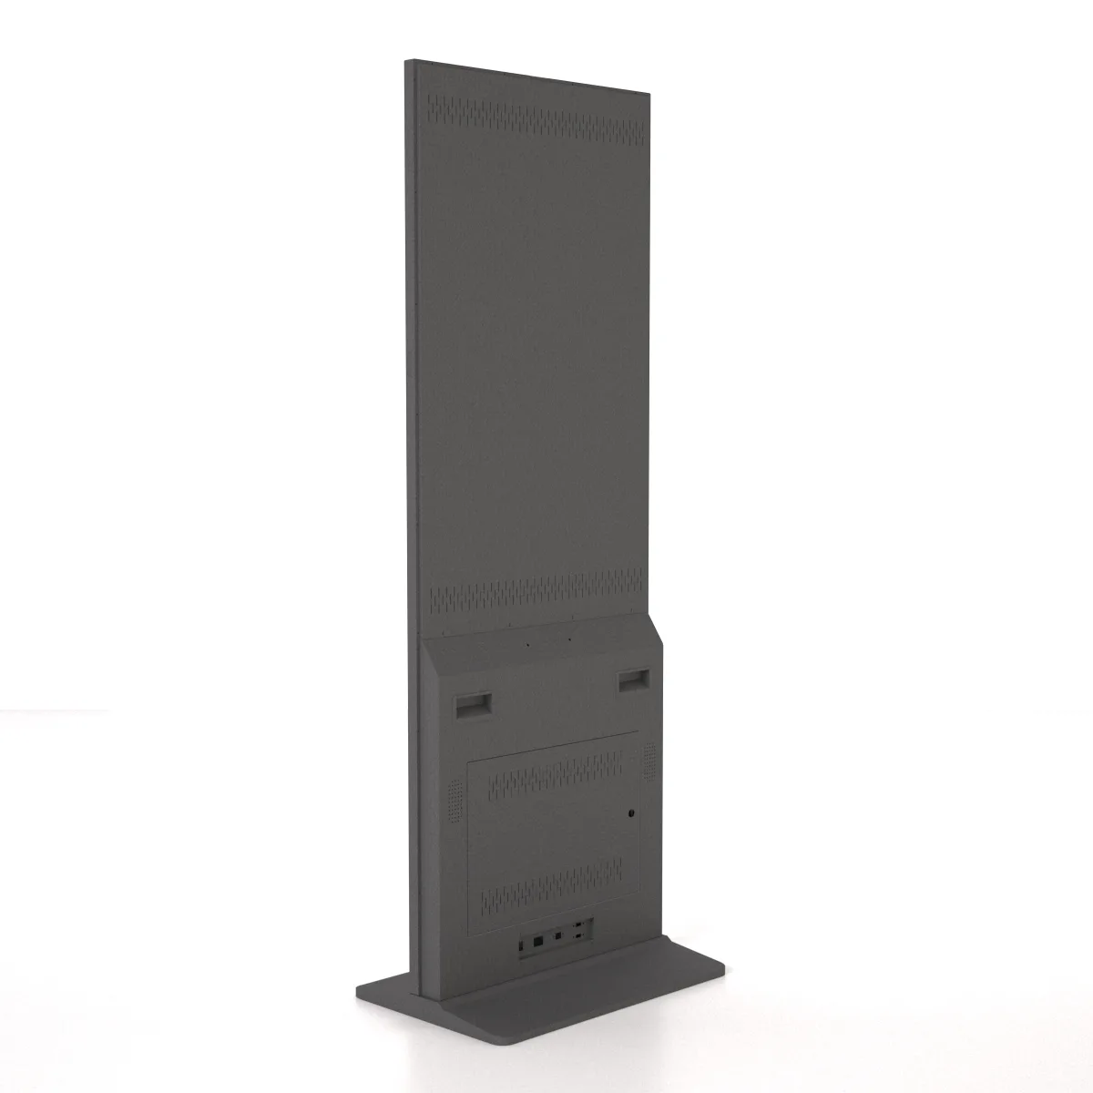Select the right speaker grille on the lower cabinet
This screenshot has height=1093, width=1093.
649,761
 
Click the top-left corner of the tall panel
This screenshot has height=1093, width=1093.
405,61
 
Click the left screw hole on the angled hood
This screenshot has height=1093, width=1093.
526,642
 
